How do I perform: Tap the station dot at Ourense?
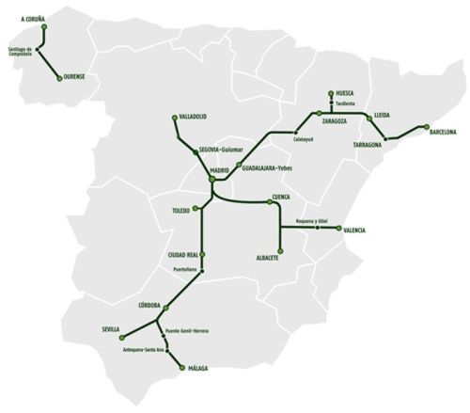click(59, 77)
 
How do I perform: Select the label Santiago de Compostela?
click(20, 51)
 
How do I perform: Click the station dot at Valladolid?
click(174, 118)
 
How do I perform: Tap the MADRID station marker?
click(212, 176)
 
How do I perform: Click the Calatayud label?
click(302, 139)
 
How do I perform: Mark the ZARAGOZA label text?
click(338, 122)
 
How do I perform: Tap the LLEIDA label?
click(382, 115)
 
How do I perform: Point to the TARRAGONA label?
click(368, 145)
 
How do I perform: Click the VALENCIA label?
click(354, 230)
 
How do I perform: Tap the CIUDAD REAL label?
click(183, 254)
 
